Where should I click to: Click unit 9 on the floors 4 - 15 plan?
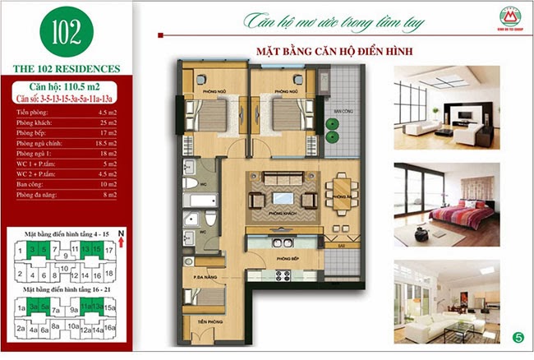64,255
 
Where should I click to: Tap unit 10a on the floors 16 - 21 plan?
73,329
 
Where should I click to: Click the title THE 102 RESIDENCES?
65,68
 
